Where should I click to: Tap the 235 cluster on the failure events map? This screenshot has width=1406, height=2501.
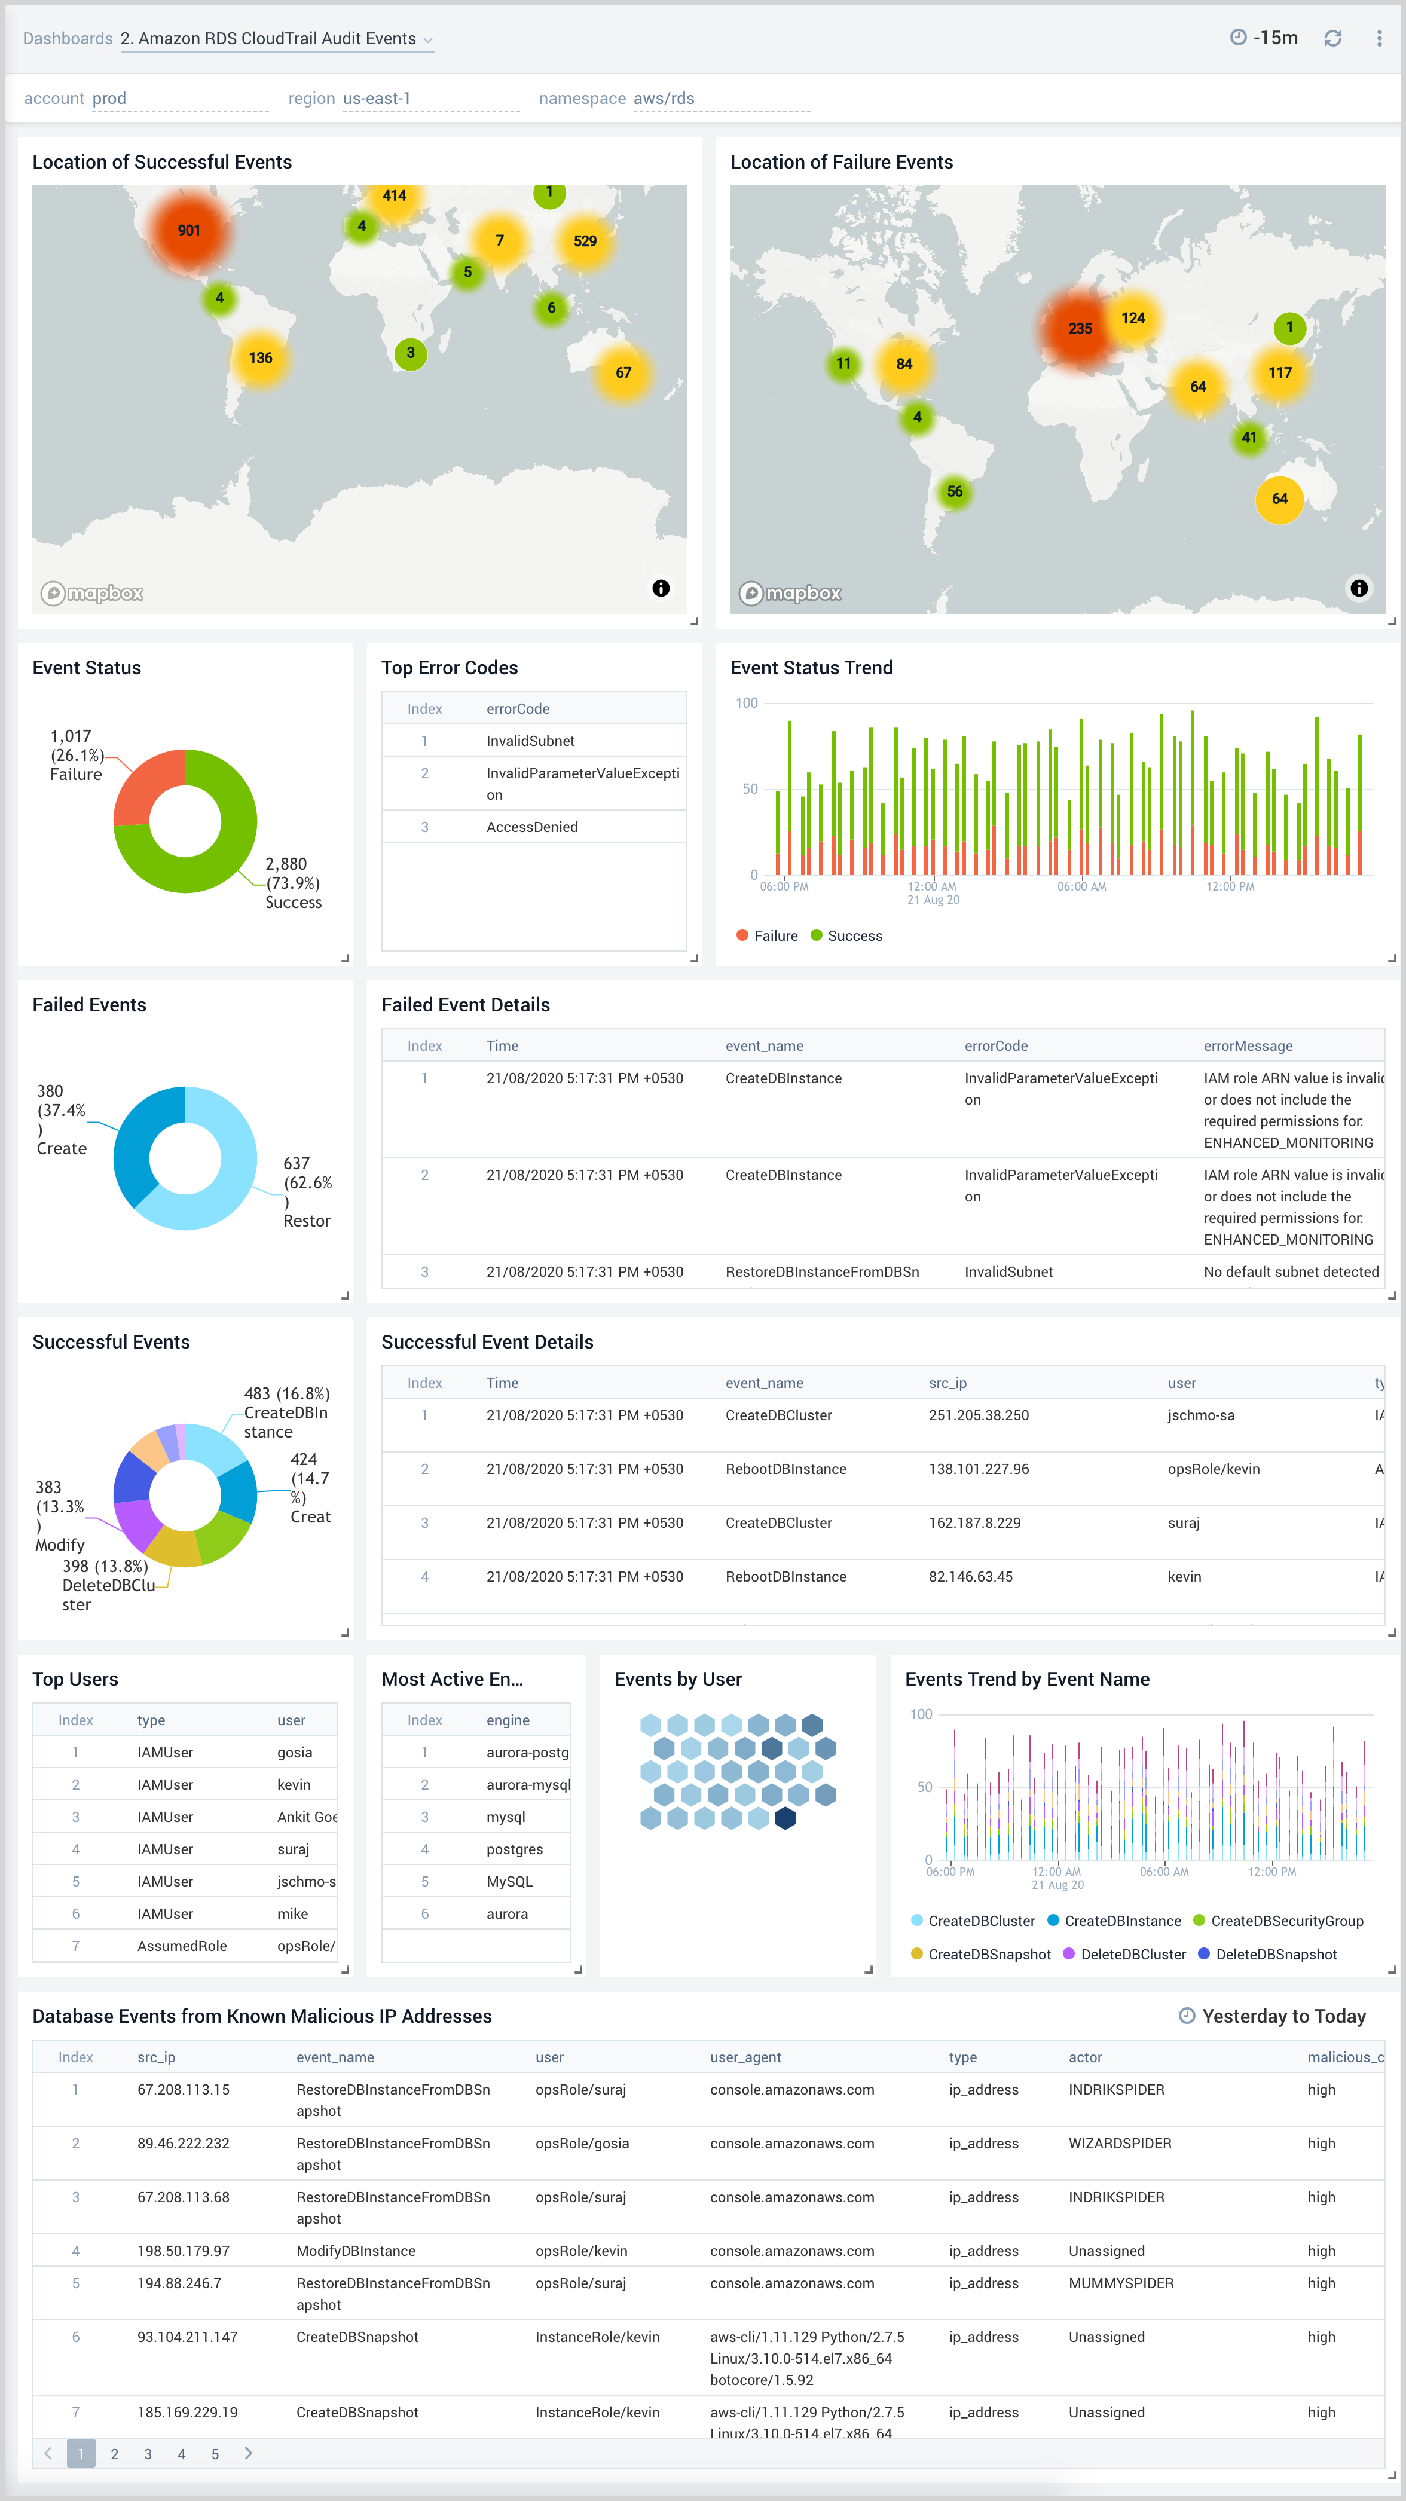[1080, 328]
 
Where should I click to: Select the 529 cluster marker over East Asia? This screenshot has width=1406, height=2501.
[585, 241]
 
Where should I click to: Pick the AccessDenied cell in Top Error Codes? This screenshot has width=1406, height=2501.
[531, 827]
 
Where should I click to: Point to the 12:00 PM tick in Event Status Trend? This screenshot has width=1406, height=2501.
[1229, 886]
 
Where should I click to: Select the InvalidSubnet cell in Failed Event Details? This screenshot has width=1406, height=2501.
[1008, 1272]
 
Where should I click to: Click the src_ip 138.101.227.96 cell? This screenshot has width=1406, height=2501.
[978, 1469]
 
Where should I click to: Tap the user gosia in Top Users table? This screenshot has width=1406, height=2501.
[294, 1753]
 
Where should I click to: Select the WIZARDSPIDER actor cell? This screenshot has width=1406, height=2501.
[1120, 2144]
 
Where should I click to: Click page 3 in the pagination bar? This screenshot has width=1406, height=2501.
[148, 2453]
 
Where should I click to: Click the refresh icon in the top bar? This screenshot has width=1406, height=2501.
[1332, 38]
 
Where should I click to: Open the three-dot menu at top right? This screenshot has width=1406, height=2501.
[1379, 38]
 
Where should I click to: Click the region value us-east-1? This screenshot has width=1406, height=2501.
[377, 98]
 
